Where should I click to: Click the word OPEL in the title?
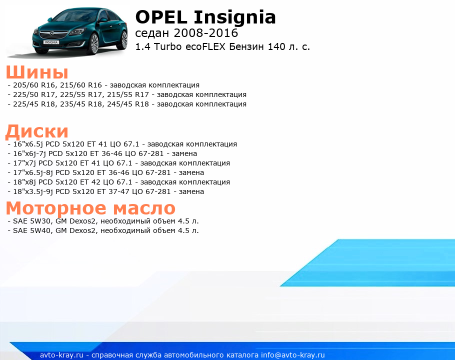pos(161,17)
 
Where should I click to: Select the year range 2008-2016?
pos(205,33)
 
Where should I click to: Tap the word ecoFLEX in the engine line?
pos(205,46)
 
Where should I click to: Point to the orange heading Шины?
pos(37,72)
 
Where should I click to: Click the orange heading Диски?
pos(37,131)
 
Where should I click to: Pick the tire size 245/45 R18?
pos(128,104)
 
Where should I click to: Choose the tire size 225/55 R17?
pos(81,94)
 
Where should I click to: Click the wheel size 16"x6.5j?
pos(28,144)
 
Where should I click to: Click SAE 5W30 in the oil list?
pos(32,221)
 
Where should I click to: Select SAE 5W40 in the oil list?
pos(32,230)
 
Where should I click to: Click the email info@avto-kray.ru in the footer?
pos(292,355)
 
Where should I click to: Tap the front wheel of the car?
pos(93,43)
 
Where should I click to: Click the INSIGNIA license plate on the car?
pos(51,42)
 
